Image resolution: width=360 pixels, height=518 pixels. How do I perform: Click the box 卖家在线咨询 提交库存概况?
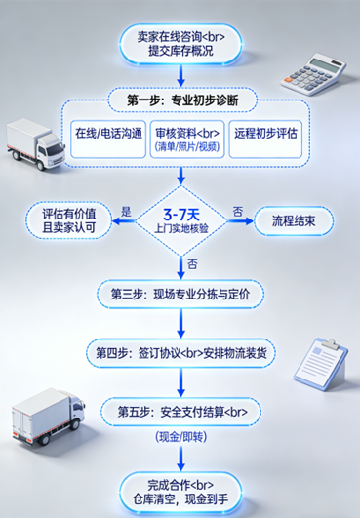(x=180, y=44)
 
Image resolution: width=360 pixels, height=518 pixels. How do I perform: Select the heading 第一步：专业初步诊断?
(x=181, y=100)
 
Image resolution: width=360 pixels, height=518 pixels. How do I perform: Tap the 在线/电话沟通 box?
(x=107, y=133)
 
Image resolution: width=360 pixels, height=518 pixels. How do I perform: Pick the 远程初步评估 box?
(x=265, y=133)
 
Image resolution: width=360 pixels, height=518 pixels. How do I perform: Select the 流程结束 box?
(x=294, y=220)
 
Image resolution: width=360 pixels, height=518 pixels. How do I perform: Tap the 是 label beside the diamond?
(x=125, y=211)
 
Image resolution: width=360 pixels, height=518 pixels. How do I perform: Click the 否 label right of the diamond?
(x=237, y=211)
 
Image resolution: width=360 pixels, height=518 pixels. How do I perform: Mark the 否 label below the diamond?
(x=192, y=263)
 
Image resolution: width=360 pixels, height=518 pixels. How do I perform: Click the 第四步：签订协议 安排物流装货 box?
(x=181, y=350)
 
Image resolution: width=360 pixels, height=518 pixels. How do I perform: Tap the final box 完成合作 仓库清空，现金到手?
(x=181, y=491)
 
